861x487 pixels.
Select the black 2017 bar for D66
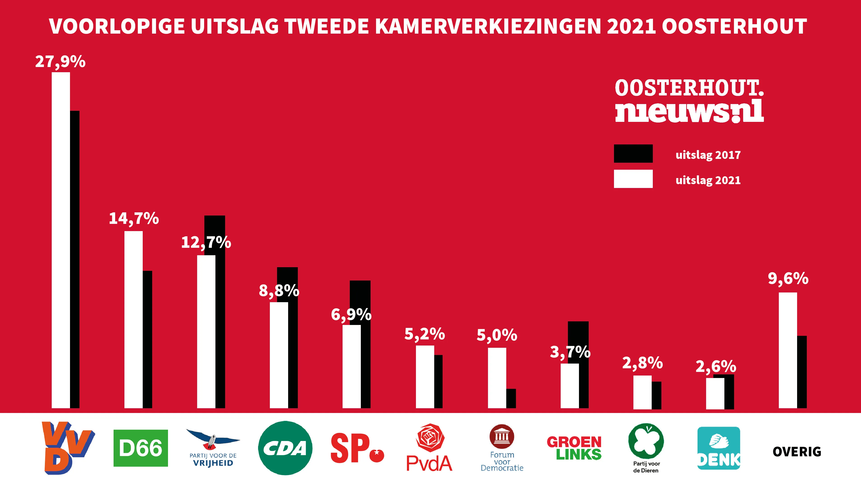pos(147,339)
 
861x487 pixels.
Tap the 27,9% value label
pos(61,62)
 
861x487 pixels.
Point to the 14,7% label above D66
pos(134,219)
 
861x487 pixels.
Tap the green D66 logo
pos(140,448)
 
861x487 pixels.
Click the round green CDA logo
pos(285,448)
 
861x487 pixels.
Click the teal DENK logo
pos(719,448)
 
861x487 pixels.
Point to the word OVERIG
pos(797,452)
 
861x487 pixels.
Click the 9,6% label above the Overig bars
pos(788,279)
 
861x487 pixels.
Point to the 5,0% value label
pos(497,335)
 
